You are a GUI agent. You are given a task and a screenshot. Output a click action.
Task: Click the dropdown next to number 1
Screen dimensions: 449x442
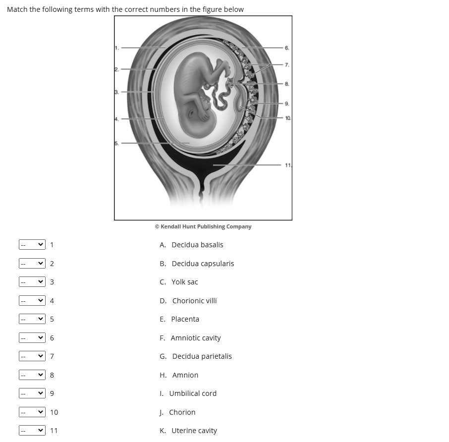click(32, 245)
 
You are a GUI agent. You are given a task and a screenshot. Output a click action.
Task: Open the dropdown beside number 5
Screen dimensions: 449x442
click(32, 319)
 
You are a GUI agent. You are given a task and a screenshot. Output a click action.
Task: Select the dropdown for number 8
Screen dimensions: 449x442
click(32, 375)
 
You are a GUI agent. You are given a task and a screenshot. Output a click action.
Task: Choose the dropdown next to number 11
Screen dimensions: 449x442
click(32, 431)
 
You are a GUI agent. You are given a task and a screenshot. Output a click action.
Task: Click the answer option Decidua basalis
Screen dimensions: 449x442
click(197, 245)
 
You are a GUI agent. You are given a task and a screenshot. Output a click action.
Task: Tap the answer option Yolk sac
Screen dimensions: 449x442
click(184, 282)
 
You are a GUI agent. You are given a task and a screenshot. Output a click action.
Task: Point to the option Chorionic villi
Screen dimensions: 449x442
click(194, 301)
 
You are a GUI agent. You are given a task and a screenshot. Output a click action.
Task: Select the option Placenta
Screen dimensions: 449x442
click(185, 319)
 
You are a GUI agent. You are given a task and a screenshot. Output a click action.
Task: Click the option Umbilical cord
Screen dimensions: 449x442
click(193, 393)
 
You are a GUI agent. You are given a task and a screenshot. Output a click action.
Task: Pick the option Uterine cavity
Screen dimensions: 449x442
click(194, 431)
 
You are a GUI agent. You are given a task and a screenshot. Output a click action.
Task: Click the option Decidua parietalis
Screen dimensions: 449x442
click(202, 356)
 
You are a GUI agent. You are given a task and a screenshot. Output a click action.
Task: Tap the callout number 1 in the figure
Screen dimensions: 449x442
click(117, 48)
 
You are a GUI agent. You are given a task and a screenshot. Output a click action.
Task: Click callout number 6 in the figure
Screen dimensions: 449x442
click(287, 48)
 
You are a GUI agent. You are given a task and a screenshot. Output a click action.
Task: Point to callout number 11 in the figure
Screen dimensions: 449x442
click(288, 165)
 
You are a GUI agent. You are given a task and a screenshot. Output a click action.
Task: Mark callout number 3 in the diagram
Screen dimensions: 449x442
click(117, 92)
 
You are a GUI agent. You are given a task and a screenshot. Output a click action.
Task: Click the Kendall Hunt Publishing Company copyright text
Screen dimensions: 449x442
click(203, 226)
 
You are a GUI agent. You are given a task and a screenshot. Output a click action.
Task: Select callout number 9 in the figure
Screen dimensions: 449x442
click(287, 104)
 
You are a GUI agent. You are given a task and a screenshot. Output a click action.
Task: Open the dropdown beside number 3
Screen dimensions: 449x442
click(32, 282)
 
